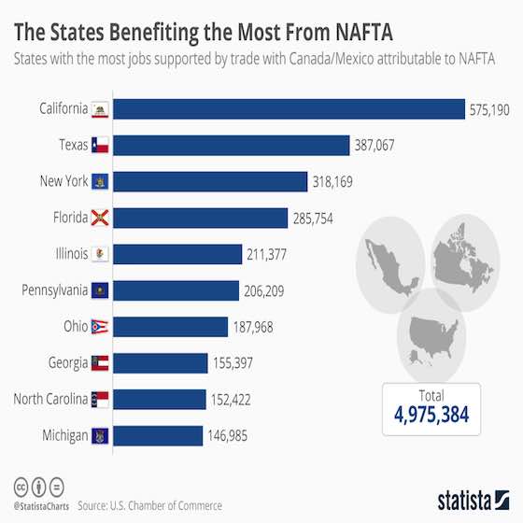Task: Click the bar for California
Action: coord(290,109)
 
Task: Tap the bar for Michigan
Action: coord(160,435)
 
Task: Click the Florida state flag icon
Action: coord(99,218)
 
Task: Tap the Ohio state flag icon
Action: coord(99,327)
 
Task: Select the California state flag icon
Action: coord(99,109)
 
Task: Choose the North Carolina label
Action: coord(49,400)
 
